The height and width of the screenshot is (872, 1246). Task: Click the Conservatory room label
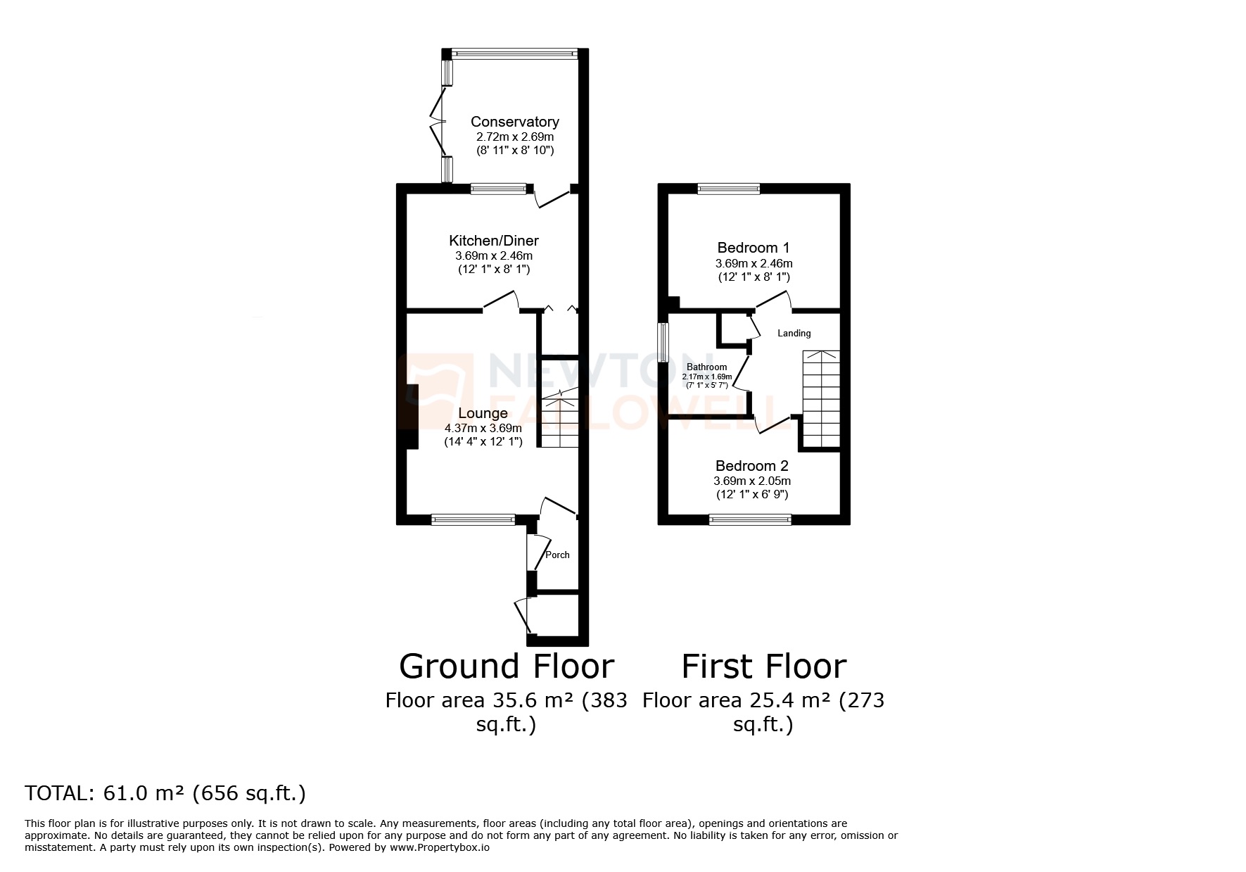click(514, 122)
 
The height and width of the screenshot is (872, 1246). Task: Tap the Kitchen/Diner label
click(494, 241)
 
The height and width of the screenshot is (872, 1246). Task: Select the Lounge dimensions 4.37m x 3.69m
click(483, 428)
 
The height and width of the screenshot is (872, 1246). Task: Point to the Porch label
click(557, 555)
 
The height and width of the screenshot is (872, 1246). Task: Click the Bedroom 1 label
click(753, 248)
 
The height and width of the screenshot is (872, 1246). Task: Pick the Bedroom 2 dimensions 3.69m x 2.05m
click(752, 481)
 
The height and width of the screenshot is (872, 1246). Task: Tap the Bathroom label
click(706, 367)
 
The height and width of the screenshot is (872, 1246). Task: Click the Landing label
click(794, 333)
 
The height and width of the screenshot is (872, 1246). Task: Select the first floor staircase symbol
click(821, 398)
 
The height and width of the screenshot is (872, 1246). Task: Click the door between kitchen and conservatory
click(553, 198)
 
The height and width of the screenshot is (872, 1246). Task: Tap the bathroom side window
click(662, 342)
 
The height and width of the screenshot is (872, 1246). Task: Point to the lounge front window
click(473, 519)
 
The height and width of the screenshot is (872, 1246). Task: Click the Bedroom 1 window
click(728, 189)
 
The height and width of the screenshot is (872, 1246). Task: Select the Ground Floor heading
click(507, 666)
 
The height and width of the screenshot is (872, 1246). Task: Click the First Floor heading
click(763, 666)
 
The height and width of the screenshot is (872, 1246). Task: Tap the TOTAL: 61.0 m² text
click(165, 793)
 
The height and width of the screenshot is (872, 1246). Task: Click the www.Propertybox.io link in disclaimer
click(439, 847)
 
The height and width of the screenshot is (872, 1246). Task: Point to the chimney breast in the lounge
click(412, 417)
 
